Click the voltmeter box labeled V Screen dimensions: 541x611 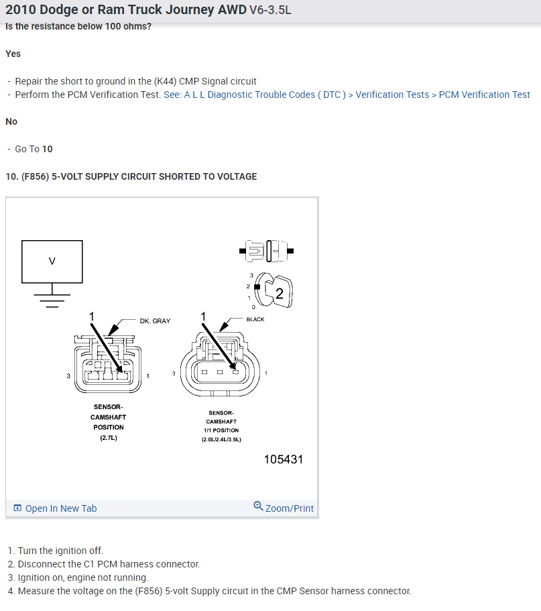52,262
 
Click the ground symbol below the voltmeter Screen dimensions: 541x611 52,294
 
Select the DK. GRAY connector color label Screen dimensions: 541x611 155,321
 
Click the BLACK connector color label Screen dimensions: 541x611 255,319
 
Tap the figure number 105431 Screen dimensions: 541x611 284,459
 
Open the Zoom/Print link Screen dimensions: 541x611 284,508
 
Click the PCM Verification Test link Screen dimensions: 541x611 484,95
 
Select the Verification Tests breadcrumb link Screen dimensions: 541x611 392,95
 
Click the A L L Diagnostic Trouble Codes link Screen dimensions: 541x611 265,95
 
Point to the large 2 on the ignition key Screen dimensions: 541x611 279,293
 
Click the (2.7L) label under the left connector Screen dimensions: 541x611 108,439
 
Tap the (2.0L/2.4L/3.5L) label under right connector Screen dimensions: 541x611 221,439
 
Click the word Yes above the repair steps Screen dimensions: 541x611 13,54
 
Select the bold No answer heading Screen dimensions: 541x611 11,121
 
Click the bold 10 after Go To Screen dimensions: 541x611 48,149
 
